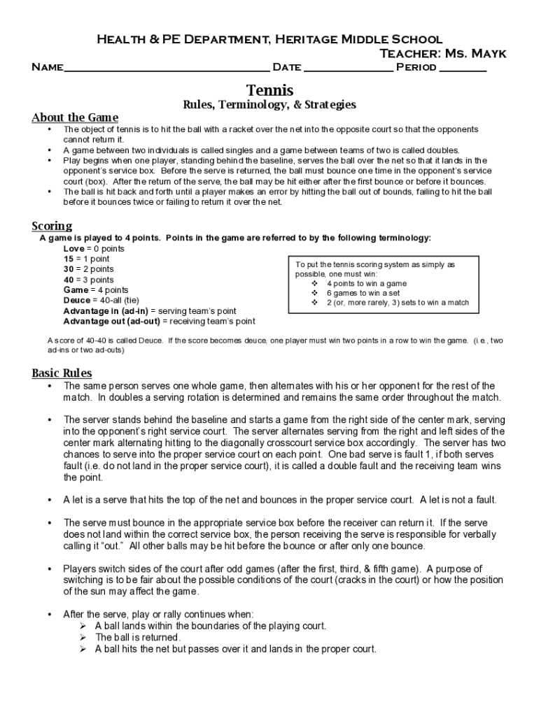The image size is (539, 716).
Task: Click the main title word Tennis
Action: pos(269,90)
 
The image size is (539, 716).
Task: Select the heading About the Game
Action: pos(75,117)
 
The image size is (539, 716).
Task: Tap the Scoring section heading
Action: pos(52,225)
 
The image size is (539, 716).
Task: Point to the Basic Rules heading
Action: pos(62,373)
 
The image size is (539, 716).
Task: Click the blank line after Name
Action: pos(167,69)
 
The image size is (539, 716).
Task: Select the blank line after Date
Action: pos(349,69)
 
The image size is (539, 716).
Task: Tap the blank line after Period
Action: pos(463,69)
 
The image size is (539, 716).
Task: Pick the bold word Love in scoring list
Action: pos(73,248)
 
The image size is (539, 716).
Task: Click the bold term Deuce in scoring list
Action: pos(77,300)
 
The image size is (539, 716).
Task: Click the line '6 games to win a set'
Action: pos(363,293)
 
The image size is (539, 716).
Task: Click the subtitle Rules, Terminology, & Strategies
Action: pos(269,105)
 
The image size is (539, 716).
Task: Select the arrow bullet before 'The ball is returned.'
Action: pos(81,638)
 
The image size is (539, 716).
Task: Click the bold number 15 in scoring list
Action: pos(69,259)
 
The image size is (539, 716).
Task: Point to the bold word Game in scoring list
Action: pos(76,289)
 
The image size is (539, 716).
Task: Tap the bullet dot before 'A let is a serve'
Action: pos(49,500)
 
